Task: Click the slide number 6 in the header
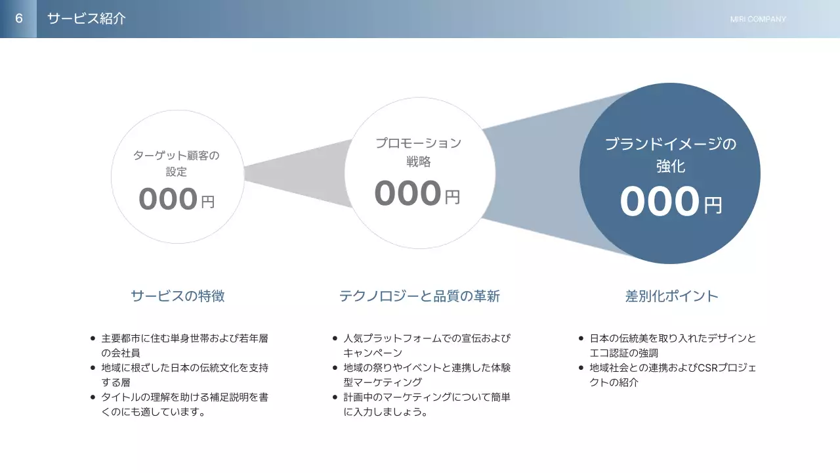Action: [19, 18]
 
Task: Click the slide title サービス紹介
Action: [86, 18]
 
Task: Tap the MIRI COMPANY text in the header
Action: [757, 19]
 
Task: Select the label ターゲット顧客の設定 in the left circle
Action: [176, 164]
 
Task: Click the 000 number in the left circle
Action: [168, 199]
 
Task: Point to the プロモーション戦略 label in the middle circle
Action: [418, 152]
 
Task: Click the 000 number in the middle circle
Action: [408, 193]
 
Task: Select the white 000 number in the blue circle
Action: [659, 202]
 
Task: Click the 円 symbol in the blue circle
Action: [713, 205]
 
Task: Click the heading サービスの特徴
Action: [177, 296]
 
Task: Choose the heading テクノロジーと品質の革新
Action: [419, 296]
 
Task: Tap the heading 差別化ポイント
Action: [672, 296]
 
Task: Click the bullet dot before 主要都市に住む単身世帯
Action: [93, 339]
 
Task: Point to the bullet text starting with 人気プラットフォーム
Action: [427, 346]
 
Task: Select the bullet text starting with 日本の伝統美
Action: [673, 346]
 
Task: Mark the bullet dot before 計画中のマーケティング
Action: [335, 397]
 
